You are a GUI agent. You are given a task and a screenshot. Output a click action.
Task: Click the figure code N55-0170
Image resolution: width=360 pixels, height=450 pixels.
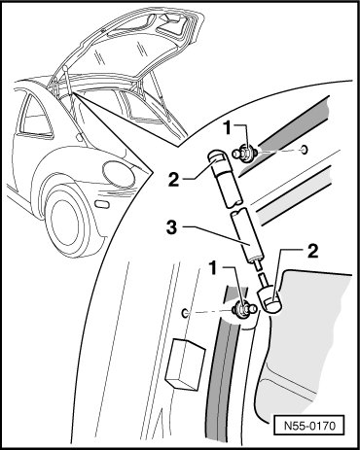pyautogui.click(x=309, y=425)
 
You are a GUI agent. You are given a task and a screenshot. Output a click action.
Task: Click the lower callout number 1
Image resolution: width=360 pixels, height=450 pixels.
pyautogui.click(x=213, y=267)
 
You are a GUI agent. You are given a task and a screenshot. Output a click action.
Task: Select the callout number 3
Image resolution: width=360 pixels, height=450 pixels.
pyautogui.click(x=172, y=227)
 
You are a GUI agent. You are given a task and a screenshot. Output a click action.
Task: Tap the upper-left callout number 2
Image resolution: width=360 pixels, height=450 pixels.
pyautogui.click(x=173, y=180)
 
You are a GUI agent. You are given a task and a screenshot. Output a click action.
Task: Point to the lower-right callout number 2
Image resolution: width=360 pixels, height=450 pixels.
pyautogui.click(x=313, y=252)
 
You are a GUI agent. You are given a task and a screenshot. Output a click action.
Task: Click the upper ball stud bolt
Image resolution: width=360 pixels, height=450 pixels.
pyautogui.click(x=245, y=153)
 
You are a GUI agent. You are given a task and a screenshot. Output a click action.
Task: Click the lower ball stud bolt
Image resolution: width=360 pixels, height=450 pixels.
pyautogui.click(x=245, y=309)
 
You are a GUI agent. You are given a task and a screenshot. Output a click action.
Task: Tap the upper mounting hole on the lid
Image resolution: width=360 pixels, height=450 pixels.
pyautogui.click(x=305, y=150)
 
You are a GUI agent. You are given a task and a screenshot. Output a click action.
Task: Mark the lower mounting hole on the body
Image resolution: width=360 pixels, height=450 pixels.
pyautogui.click(x=185, y=313)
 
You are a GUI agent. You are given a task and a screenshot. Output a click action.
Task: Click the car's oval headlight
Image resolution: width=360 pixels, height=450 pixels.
pyautogui.click(x=119, y=175)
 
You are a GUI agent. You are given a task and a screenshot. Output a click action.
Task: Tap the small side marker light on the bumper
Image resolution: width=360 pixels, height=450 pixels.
pyautogui.click(x=103, y=205)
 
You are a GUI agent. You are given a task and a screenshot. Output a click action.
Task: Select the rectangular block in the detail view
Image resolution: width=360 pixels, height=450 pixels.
pyautogui.click(x=185, y=364)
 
